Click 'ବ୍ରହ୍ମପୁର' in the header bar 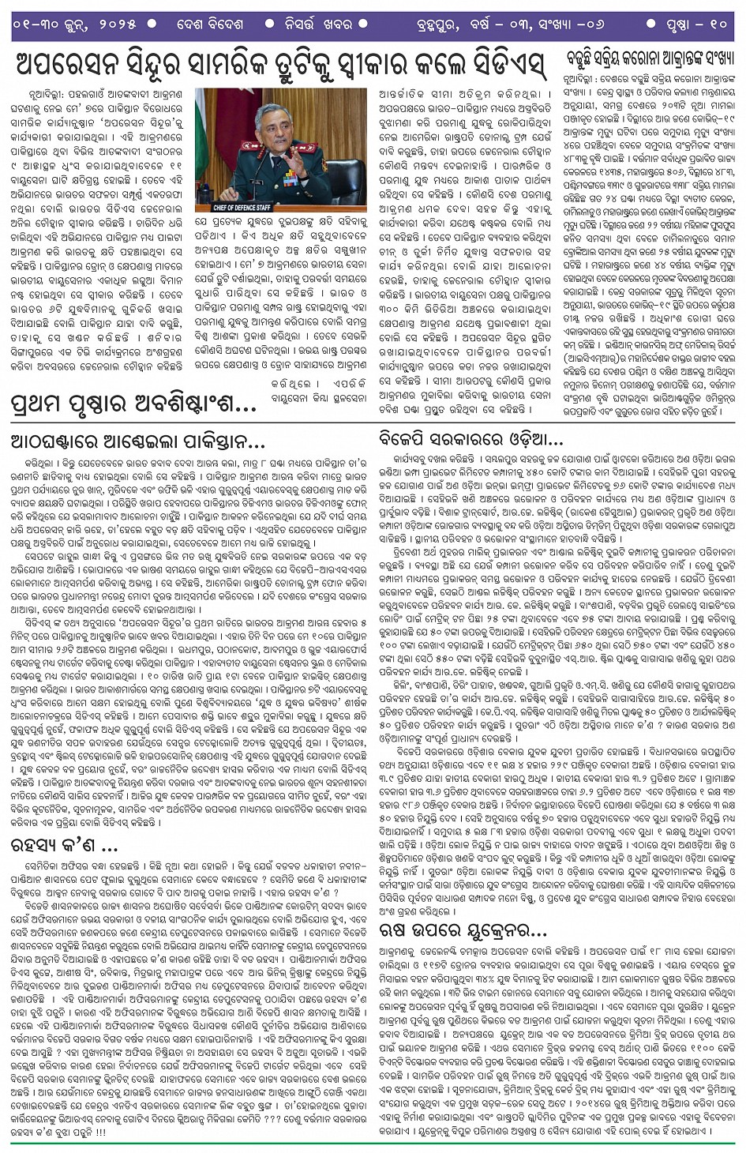pos(427,24)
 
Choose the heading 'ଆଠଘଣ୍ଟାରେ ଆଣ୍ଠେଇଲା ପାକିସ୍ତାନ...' pos(138,441)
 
